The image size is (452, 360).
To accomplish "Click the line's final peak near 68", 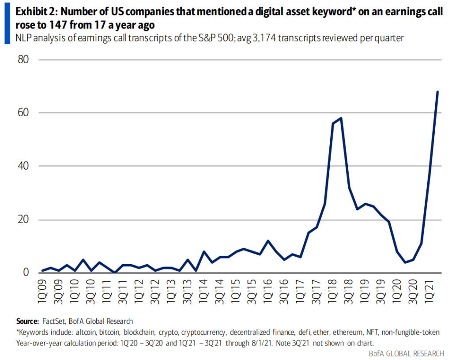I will [437, 92].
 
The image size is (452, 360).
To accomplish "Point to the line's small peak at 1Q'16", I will [268, 241].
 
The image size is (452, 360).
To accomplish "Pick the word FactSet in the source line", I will [54, 322].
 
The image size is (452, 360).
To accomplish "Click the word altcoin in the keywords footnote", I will [86, 332].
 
